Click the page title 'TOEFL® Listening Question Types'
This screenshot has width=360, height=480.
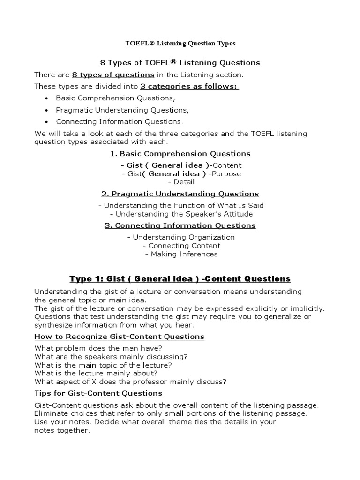pos(180,43)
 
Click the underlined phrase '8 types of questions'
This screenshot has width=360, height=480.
pos(113,75)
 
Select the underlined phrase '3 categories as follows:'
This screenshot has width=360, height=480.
pos(189,87)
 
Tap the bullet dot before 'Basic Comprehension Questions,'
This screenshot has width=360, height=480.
pos(46,98)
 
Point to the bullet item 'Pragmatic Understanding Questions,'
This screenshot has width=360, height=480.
pos(122,110)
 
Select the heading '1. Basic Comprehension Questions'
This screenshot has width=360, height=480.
pos(180,154)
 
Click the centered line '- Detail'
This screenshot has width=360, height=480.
pos(180,182)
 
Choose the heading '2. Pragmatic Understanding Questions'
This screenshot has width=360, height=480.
pos(180,194)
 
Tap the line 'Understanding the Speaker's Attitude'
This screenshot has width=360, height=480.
pos(181,214)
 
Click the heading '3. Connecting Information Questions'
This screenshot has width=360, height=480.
pos(180,225)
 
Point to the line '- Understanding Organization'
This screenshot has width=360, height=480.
pos(181,237)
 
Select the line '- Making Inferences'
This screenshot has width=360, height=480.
pos(181,254)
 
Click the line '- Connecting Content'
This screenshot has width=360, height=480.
pos(181,246)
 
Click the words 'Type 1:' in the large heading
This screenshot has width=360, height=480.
pos(85,279)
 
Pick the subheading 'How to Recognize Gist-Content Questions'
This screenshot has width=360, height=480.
pos(120,337)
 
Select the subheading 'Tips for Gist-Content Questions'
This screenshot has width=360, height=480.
pos(98,393)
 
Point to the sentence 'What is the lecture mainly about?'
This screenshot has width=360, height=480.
pos(96,373)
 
